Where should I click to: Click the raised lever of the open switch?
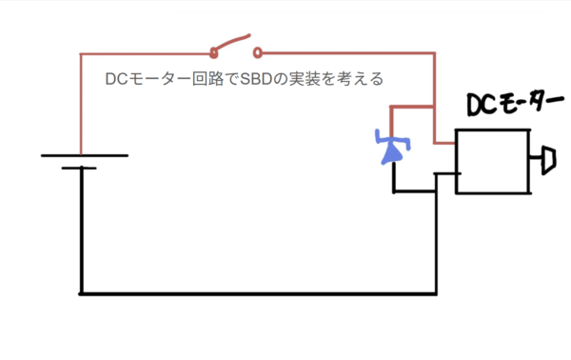(x=234, y=43)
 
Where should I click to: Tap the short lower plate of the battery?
(x=80, y=169)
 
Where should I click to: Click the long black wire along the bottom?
(x=257, y=293)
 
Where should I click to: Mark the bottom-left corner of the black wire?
(x=81, y=293)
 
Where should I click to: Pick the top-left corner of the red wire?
(x=81, y=51)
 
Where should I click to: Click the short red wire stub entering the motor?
(x=444, y=144)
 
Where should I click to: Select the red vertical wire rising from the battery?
(x=81, y=105)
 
